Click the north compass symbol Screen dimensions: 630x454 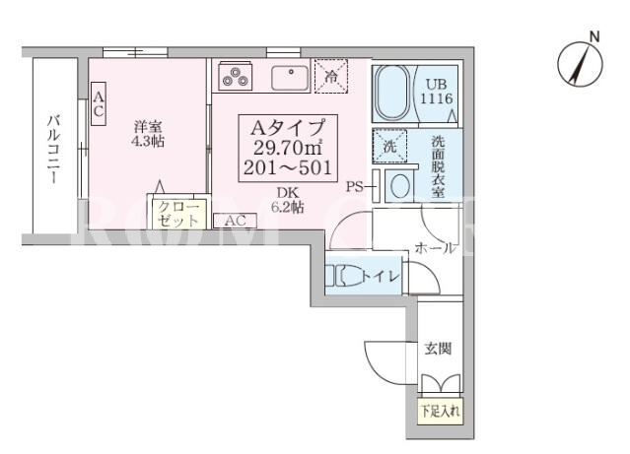click(580, 64)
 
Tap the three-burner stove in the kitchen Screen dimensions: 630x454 click(235, 76)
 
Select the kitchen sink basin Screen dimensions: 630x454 click(290, 78)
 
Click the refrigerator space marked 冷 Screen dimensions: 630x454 click(330, 76)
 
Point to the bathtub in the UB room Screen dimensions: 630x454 click(392, 93)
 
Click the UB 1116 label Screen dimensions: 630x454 click(437, 92)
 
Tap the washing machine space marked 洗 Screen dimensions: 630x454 click(389, 146)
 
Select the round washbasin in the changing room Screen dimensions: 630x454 click(400, 186)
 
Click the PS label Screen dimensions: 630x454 click(355, 187)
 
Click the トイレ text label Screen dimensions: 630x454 click(381, 276)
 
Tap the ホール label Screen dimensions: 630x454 click(436, 247)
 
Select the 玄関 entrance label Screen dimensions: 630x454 click(439, 349)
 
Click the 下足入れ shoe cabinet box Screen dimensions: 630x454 click(441, 412)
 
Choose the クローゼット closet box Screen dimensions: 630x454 click(178, 214)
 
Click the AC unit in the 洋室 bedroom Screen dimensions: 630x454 click(99, 103)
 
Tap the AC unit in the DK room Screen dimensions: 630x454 click(235, 221)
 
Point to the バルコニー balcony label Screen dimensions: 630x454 click(54, 149)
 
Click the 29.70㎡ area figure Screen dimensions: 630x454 click(288, 148)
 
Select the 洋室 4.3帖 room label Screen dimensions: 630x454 click(148, 134)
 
